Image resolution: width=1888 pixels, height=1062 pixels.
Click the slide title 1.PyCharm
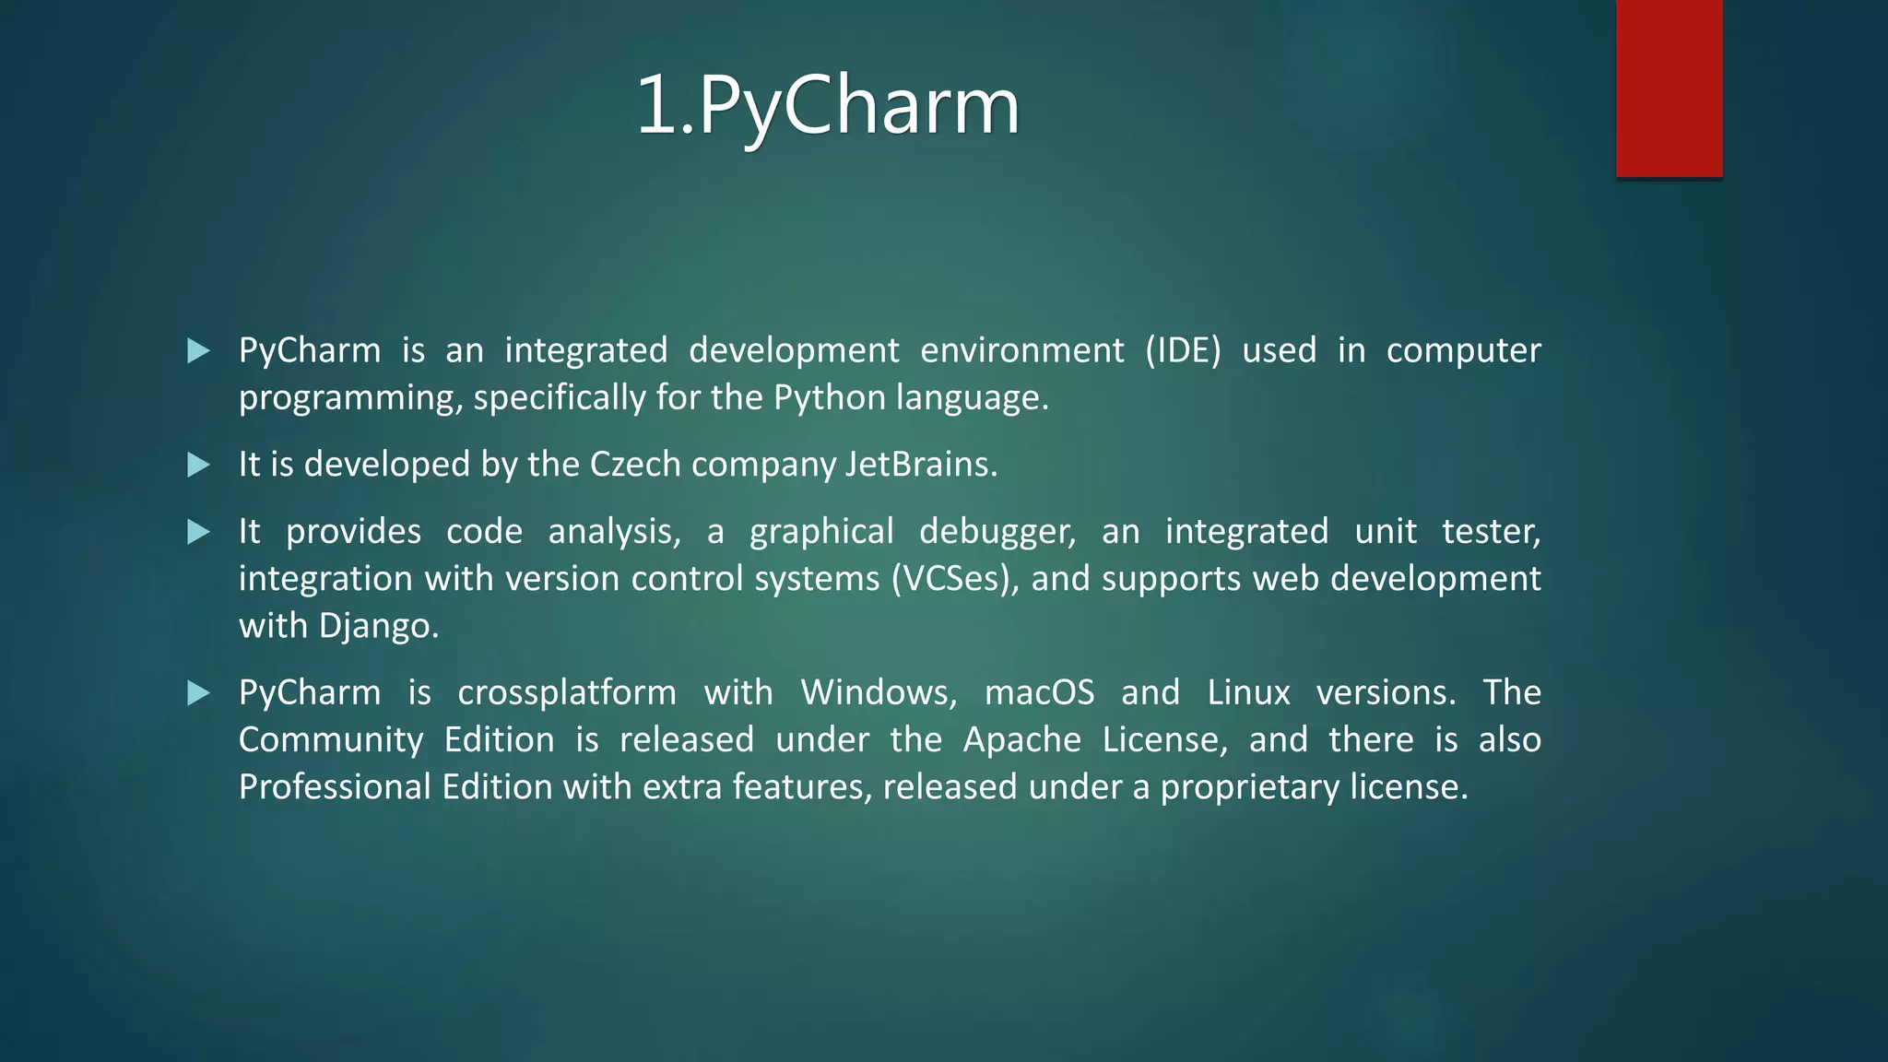[827, 105]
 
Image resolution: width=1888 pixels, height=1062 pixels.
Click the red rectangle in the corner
[1669, 88]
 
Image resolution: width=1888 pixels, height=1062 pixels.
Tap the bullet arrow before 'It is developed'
[198, 465]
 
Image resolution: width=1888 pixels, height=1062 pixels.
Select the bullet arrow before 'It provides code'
[198, 532]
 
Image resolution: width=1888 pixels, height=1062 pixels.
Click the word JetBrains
[919, 465]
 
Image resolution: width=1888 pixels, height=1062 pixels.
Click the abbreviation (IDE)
[1183, 351]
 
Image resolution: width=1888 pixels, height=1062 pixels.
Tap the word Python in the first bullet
[829, 398]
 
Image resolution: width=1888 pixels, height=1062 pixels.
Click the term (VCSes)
[955, 579]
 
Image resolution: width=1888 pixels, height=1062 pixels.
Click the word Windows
[879, 693]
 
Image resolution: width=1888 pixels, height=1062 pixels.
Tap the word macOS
[1039, 693]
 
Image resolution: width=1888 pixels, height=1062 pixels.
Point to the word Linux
[1248, 693]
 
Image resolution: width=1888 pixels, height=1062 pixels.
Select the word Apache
[1021, 740]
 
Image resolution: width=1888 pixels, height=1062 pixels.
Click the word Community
[331, 740]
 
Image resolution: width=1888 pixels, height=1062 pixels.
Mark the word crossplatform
[567, 693]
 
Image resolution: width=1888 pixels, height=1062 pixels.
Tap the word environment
[1021, 351]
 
